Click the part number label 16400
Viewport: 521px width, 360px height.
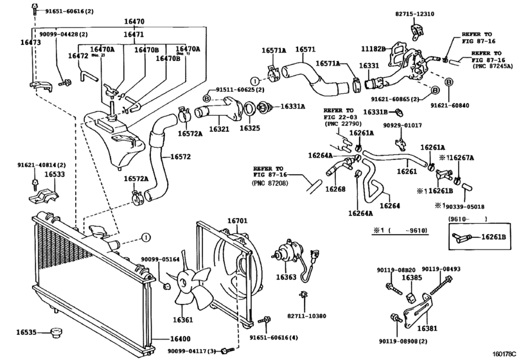[x=181, y=339]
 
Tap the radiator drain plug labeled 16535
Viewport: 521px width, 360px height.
[x=57, y=332]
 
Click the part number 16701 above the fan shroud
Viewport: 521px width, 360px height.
[x=237, y=221]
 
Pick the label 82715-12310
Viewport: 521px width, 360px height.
[x=414, y=14]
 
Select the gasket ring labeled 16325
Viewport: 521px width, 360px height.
[x=250, y=109]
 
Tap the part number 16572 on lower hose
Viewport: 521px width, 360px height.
[x=181, y=157]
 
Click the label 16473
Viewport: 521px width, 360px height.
[x=31, y=42]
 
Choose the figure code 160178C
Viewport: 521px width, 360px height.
[x=504, y=354]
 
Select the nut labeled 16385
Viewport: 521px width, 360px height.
[x=411, y=298]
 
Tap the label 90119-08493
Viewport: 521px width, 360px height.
[x=441, y=269]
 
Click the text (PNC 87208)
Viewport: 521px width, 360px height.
[x=270, y=183]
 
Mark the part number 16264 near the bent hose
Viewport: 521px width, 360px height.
[x=390, y=206]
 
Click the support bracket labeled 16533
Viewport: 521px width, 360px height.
[x=43, y=196]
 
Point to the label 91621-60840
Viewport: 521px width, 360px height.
[x=450, y=105]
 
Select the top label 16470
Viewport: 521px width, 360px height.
[x=134, y=22]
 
